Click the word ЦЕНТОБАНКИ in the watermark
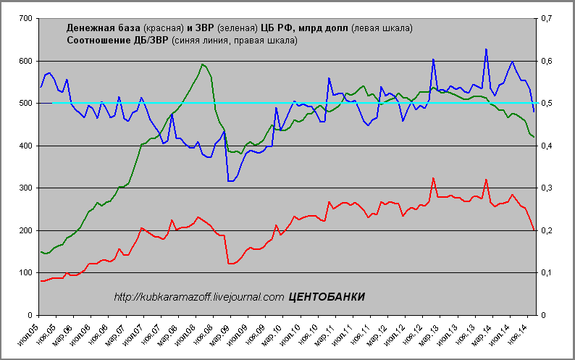(327, 297)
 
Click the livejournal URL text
(199, 297)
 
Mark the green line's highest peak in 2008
(203, 64)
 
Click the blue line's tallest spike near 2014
(486, 49)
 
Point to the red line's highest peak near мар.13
(433, 178)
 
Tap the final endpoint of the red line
(534, 230)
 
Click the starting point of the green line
(41, 251)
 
